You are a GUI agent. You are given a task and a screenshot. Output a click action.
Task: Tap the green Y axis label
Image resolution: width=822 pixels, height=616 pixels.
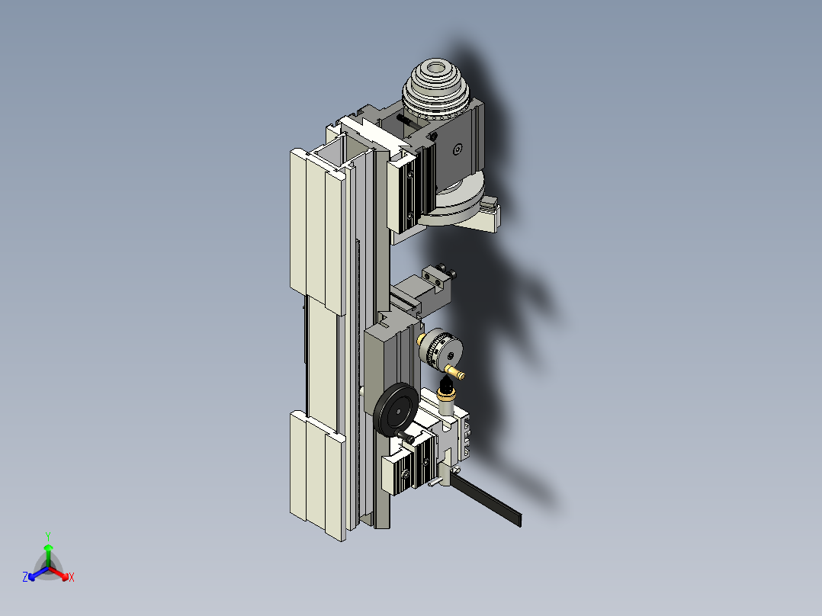[47, 536]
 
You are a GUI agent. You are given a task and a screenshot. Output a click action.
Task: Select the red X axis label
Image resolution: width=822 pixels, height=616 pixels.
[72, 578]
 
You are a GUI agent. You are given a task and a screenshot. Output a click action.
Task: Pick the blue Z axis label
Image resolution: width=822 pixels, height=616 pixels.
[25, 578]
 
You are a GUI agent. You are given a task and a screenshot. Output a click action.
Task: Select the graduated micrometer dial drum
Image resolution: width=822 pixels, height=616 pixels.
[441, 349]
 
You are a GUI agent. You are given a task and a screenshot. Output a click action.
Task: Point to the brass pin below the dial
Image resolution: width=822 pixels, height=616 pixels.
[458, 373]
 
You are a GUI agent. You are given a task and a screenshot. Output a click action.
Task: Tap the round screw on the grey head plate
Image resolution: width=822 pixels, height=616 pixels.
[457, 150]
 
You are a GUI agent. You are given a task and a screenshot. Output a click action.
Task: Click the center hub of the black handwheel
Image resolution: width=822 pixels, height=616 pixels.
[396, 412]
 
